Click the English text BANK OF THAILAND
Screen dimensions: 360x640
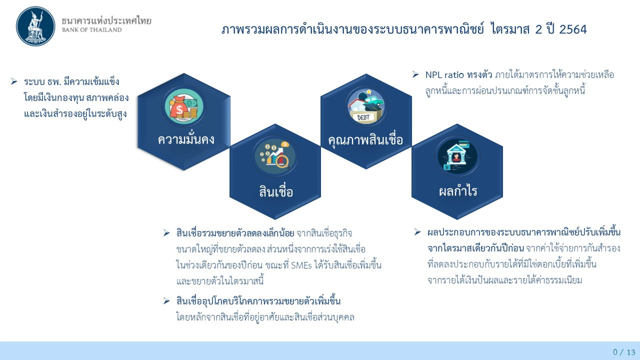pos(91,30)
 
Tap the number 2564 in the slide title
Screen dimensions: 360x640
pos(573,29)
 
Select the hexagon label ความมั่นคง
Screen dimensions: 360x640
pos(186,139)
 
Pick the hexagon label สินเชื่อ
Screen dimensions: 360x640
pos(276,192)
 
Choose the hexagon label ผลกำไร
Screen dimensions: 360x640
pos(457,191)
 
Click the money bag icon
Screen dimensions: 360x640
pos(183,106)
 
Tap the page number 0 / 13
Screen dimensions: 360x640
pos(623,352)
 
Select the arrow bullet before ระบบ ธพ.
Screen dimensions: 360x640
pos(14,81)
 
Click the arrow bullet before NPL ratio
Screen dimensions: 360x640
pos(415,74)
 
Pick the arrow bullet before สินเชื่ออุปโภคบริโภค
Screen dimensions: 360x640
pos(166,300)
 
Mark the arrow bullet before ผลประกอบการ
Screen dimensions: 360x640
pos(417,232)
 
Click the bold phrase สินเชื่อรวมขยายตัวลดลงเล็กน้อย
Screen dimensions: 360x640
pos(235,233)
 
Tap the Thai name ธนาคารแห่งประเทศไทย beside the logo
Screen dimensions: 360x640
pos(106,20)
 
